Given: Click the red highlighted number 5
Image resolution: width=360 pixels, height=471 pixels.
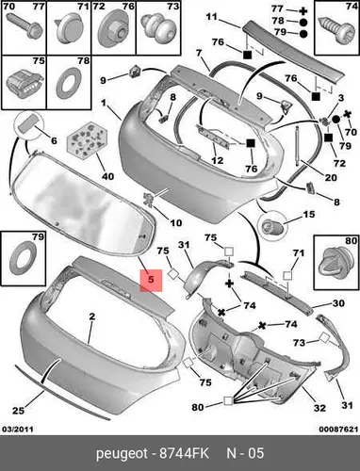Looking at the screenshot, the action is [x=151, y=280].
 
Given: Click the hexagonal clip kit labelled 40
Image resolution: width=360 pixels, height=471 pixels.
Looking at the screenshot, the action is [x=86, y=139].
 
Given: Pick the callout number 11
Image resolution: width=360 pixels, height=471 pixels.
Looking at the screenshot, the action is [x=211, y=16].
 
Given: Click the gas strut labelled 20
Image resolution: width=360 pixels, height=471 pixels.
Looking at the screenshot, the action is [x=297, y=144].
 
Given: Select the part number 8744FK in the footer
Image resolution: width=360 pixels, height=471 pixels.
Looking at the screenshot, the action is [x=184, y=454].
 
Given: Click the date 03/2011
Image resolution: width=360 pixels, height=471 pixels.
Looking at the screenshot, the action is [x=17, y=430].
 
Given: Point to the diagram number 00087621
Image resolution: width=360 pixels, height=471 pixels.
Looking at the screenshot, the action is [x=338, y=430].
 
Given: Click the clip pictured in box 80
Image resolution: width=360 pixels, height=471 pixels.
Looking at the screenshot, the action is [x=335, y=264].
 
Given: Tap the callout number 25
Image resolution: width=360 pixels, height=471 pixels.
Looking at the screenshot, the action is [x=18, y=411].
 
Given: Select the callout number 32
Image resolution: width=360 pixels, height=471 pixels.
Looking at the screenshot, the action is [x=319, y=408].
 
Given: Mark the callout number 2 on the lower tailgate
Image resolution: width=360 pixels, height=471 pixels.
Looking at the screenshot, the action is [x=91, y=317].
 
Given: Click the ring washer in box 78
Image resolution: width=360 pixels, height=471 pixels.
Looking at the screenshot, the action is [x=69, y=83].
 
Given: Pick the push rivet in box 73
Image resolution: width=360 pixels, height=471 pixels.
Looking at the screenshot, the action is [x=158, y=28].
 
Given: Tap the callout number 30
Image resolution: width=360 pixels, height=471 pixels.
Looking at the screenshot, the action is [x=338, y=303].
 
